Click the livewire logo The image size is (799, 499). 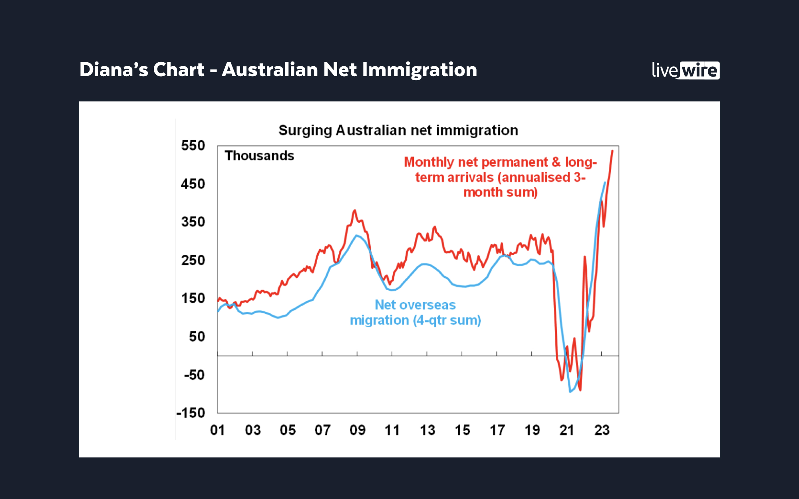click(685, 70)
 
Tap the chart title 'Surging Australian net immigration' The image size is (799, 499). click(398, 131)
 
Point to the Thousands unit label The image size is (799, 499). click(259, 156)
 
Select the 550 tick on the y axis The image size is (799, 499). click(193, 146)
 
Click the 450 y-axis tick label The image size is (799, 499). click(193, 184)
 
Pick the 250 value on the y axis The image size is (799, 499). click(193, 260)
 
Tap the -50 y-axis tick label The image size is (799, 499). click(194, 375)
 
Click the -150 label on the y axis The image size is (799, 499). click(191, 413)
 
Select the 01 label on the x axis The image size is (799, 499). click(217, 430)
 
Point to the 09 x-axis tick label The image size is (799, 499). click(357, 430)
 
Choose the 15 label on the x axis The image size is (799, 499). click(462, 430)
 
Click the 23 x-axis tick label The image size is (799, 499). click(602, 430)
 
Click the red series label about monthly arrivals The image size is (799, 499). click(500, 177)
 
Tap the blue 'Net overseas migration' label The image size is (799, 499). click(415, 313)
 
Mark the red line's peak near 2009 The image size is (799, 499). click(354, 210)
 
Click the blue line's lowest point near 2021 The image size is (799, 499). click(570, 392)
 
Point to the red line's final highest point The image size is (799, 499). click(612, 151)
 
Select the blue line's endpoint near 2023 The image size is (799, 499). click(605, 182)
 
